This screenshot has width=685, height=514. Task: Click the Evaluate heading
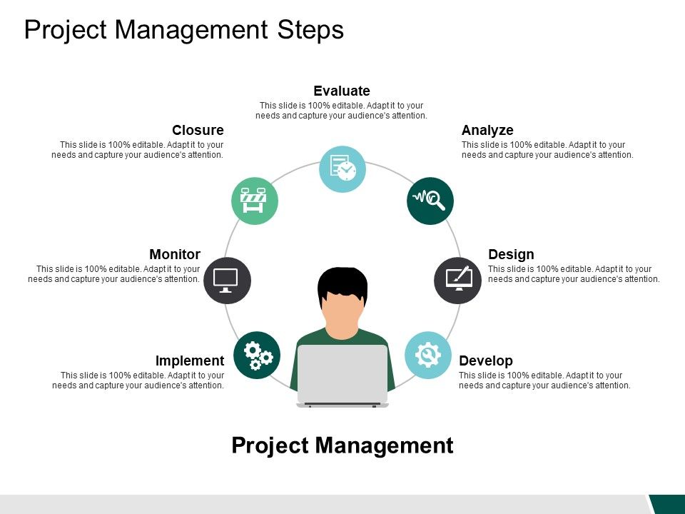pyautogui.click(x=342, y=91)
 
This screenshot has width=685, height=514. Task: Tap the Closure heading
pyautogui.click(x=198, y=130)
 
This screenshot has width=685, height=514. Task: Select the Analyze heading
pyautogui.click(x=487, y=130)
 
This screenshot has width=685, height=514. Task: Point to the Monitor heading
pyautogui.click(x=175, y=254)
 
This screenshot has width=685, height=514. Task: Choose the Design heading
pyautogui.click(x=511, y=254)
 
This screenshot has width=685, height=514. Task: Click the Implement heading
pyautogui.click(x=190, y=361)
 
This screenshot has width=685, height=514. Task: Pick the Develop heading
pyautogui.click(x=486, y=361)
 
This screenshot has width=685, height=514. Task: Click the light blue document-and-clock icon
pyautogui.click(x=342, y=169)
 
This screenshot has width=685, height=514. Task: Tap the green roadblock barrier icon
pyautogui.click(x=255, y=201)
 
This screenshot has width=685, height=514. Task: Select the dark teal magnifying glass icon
pyautogui.click(x=430, y=201)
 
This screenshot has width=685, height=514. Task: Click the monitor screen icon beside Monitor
pyautogui.click(x=227, y=281)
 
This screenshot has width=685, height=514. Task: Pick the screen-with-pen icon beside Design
pyautogui.click(x=458, y=281)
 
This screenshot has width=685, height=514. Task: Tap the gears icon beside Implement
pyautogui.click(x=257, y=356)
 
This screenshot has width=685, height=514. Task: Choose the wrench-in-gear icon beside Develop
pyautogui.click(x=428, y=356)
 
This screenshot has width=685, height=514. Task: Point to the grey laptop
pyautogui.click(x=342, y=375)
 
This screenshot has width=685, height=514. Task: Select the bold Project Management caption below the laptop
pyautogui.click(x=342, y=445)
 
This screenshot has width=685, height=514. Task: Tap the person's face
pyautogui.click(x=342, y=314)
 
